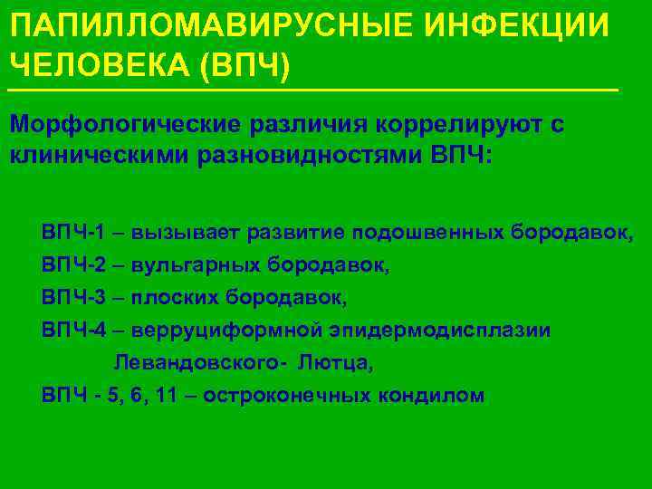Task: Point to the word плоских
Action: tap(173, 298)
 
